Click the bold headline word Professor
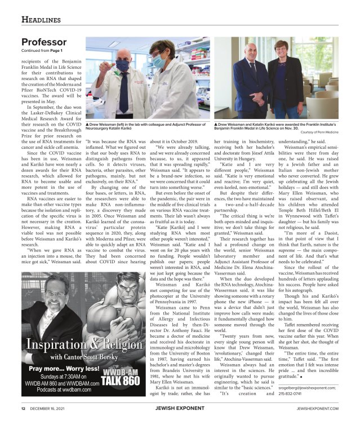click(x=45, y=42)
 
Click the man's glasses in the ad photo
click(x=55, y=294)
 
